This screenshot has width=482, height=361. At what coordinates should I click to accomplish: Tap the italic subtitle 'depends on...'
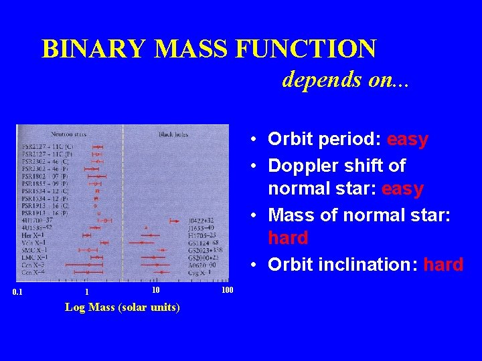[x=346, y=80]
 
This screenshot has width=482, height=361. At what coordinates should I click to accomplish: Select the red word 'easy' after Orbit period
[x=407, y=139]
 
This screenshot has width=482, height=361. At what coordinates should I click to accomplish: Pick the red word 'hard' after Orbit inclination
[x=443, y=265]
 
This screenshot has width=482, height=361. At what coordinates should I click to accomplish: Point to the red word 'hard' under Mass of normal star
[x=288, y=238]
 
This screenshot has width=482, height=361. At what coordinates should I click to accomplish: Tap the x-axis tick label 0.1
[x=18, y=291]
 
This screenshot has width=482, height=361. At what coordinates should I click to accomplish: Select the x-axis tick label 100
[x=227, y=290]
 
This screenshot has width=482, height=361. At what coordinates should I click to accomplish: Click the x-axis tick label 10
[x=155, y=290]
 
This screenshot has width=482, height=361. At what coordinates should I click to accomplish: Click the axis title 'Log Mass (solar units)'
[x=122, y=308]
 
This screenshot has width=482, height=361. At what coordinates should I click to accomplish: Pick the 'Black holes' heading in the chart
[x=173, y=134]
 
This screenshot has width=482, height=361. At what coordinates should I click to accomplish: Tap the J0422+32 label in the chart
[x=202, y=220]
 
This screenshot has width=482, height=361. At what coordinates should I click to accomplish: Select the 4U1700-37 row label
[x=37, y=220]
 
